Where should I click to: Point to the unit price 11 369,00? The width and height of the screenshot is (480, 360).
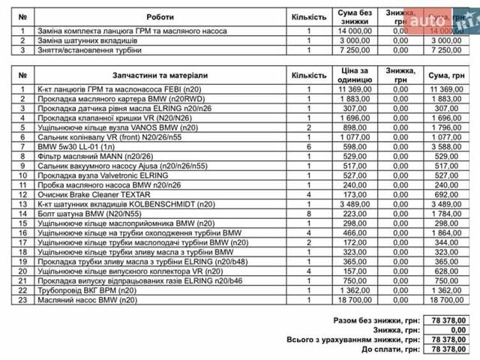click(x=355, y=89)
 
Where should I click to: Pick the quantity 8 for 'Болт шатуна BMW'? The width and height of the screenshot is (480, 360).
click(x=308, y=214)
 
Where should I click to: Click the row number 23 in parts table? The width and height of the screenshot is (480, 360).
click(x=23, y=300)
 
